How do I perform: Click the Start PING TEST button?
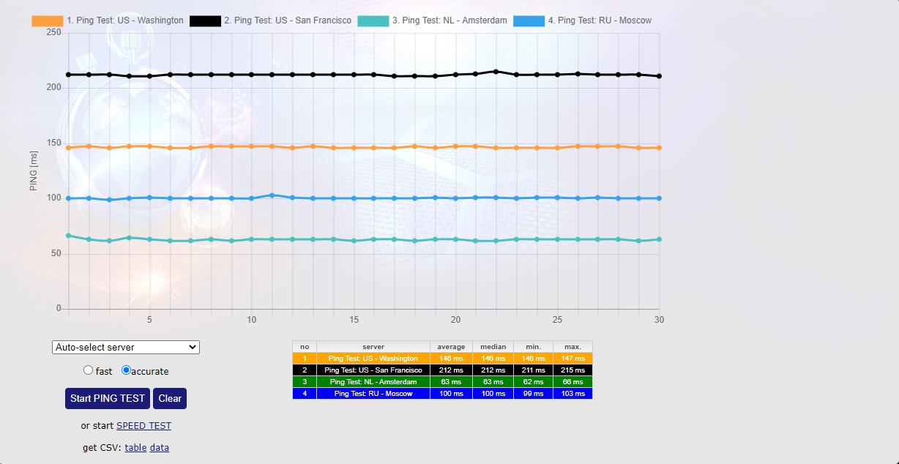click(108, 399)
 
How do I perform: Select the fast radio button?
click(89, 370)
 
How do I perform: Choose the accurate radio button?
click(126, 370)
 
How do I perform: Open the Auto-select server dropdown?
click(126, 347)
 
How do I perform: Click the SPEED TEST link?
click(143, 426)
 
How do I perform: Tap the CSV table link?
click(135, 448)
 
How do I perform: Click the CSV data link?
click(160, 448)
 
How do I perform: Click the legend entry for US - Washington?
click(108, 20)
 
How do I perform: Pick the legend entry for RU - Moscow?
click(583, 20)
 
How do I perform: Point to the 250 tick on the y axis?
click(53, 32)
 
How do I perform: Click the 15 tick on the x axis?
click(354, 320)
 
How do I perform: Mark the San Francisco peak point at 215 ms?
click(496, 72)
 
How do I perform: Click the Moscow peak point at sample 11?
click(272, 195)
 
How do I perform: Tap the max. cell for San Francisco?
click(572, 370)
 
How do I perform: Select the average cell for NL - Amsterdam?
click(451, 382)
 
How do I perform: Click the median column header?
click(493, 347)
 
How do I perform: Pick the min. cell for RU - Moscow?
click(533, 394)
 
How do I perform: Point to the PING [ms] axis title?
click(34, 171)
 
